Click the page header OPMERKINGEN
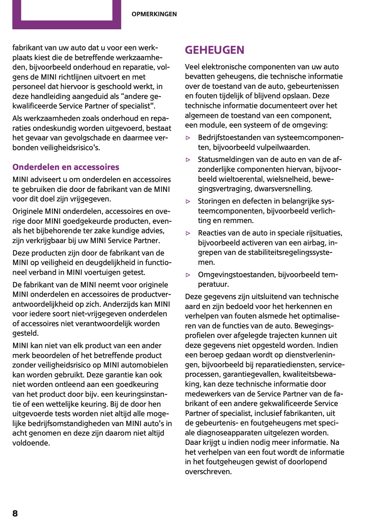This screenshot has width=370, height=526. click(x=154, y=14)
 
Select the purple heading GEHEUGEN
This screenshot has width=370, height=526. click(x=215, y=50)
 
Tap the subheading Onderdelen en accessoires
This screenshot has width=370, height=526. click(x=66, y=167)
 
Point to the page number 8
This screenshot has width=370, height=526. click(x=15, y=513)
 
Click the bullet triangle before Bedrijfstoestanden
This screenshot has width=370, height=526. click(x=188, y=138)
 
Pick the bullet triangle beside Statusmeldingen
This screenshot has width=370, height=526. click(x=188, y=160)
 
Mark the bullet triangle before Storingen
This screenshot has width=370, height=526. click(x=188, y=201)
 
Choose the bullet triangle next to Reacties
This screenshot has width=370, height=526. click(x=188, y=233)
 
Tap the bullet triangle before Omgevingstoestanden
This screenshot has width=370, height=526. click(x=188, y=275)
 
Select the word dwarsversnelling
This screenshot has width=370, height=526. click(x=283, y=189)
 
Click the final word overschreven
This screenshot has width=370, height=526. click(x=208, y=472)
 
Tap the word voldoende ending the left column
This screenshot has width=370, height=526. click(x=31, y=443)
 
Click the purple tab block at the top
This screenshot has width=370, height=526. click(x=67, y=15)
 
